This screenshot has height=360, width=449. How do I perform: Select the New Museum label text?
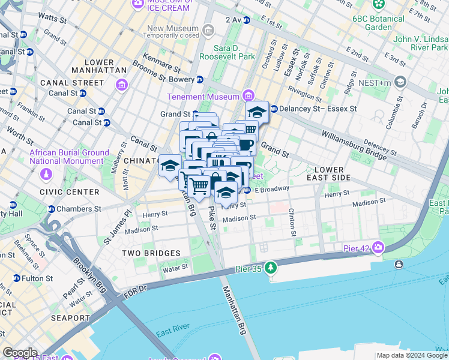pyautogui.click(x=172, y=28)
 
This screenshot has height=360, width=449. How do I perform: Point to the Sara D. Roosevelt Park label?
pyautogui.click(x=239, y=53)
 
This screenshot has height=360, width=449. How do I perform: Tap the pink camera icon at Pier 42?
pyautogui.click(x=378, y=247)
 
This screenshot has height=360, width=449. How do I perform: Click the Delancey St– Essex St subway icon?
pyautogui.click(x=274, y=109)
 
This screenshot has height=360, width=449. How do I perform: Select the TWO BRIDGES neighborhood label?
pyautogui.click(x=151, y=254)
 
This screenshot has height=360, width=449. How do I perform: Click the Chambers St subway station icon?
pyautogui.click(x=50, y=209)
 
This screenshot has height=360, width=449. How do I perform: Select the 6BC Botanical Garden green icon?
pyautogui.click(x=379, y=5)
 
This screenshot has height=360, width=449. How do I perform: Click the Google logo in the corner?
pyautogui.click(x=20, y=353)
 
